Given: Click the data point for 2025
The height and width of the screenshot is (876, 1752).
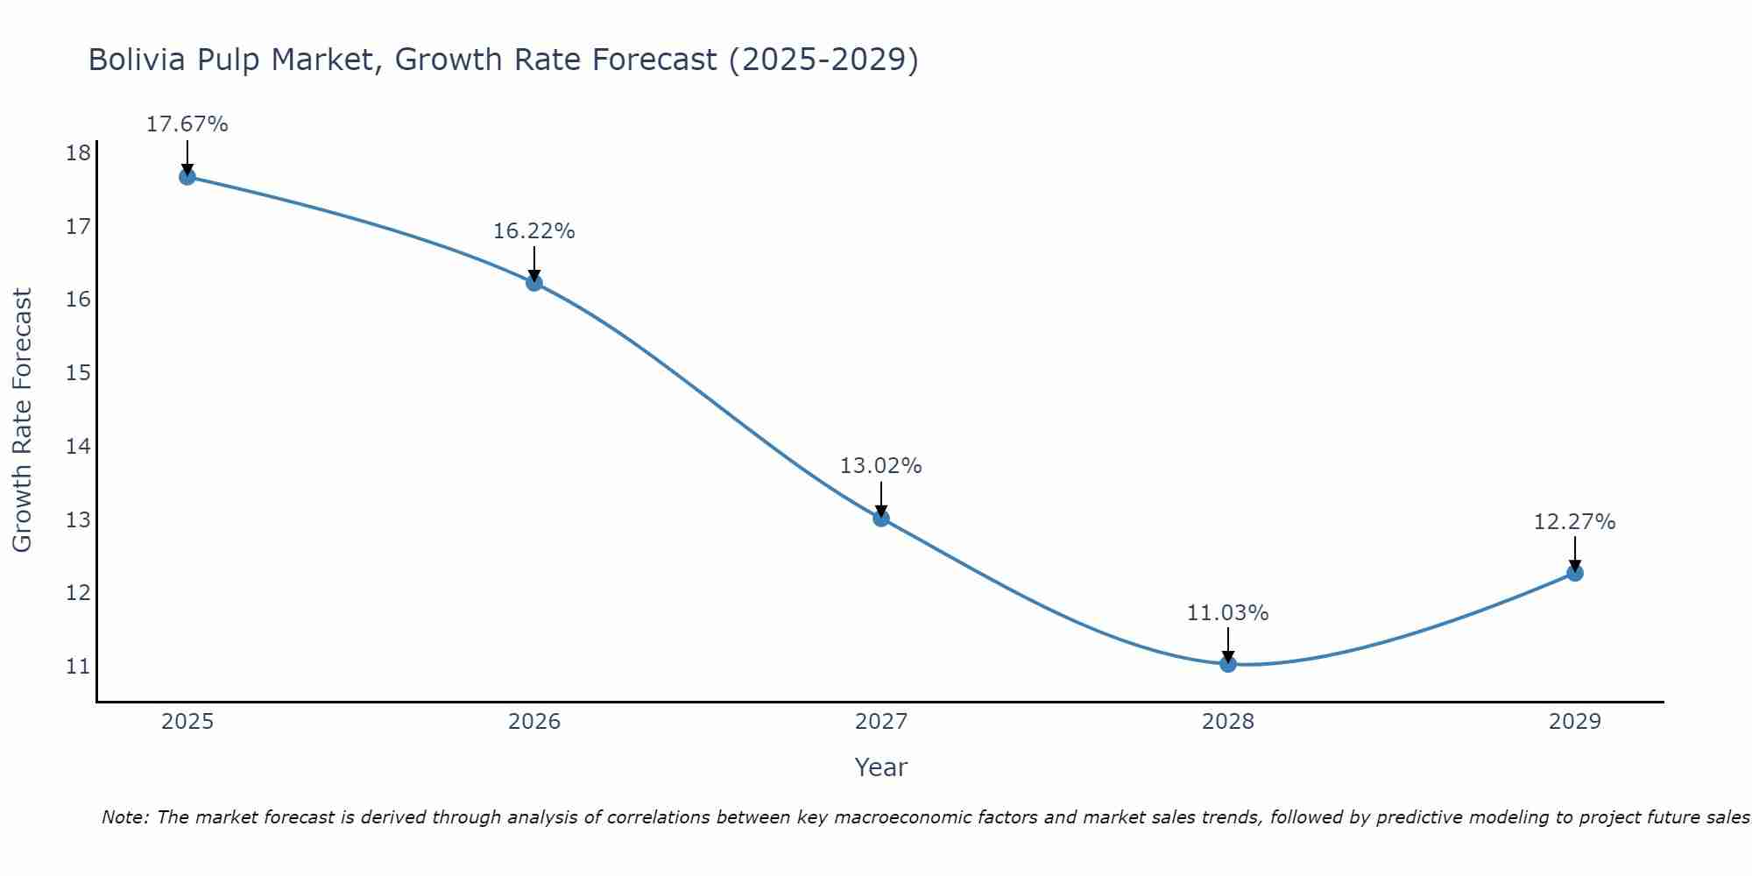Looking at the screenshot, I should click(187, 177).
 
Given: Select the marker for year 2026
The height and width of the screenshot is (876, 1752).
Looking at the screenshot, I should click(534, 283).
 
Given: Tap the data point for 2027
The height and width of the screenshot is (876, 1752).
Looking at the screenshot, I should click(881, 518).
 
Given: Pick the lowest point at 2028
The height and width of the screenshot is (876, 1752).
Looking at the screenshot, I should click(1228, 664).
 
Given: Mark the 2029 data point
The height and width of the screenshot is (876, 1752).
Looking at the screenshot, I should click(1574, 573).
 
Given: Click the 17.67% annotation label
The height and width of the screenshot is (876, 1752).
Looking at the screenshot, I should click(187, 124).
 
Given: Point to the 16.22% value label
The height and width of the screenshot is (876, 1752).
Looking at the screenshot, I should click(534, 231).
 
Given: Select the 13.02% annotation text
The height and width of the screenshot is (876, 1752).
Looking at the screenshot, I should click(881, 466).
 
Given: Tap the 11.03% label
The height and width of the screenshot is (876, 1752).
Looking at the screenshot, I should click(1228, 613).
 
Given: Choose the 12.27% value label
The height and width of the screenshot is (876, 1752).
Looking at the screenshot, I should click(1574, 522).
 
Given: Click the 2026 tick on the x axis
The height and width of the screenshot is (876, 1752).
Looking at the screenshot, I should click(534, 722).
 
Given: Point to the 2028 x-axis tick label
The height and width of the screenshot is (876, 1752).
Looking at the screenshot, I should click(1228, 722).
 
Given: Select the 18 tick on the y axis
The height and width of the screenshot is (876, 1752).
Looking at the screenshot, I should click(78, 154).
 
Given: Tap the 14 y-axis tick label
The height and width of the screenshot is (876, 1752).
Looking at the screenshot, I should click(78, 447).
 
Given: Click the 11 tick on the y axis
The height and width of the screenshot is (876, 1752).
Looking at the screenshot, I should click(78, 667).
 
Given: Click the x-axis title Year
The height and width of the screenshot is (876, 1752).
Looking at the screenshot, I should click(881, 767).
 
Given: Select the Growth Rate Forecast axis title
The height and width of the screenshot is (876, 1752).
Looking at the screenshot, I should click(23, 420).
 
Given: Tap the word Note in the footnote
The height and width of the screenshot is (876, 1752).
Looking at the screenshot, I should click(125, 817).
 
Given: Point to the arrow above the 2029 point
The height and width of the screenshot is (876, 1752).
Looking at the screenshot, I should click(1574, 554).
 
